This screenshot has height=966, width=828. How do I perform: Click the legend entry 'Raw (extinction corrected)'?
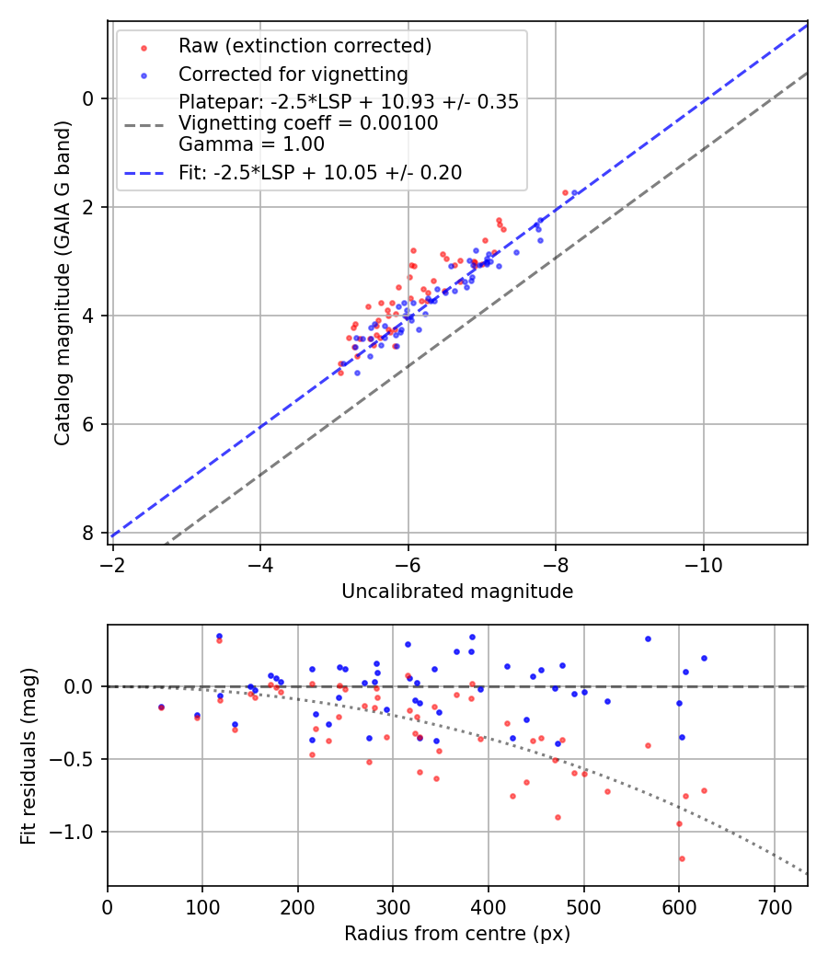305,46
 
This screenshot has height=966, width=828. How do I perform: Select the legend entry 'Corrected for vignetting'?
293,74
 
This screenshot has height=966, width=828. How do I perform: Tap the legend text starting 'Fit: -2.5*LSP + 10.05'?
320,172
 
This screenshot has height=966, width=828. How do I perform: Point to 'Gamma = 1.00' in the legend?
251,144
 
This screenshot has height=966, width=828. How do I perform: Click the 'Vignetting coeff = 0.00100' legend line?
308,123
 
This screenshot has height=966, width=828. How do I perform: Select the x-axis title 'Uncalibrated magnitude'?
457,592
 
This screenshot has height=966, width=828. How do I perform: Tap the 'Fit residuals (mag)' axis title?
29,755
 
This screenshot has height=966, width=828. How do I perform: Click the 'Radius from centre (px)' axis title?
457,934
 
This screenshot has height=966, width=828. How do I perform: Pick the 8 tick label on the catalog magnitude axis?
89,533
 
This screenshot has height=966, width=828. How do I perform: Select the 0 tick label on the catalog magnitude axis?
89,98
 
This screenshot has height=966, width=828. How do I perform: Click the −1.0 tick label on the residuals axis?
76,832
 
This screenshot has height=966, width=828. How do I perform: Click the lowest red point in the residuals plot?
682,858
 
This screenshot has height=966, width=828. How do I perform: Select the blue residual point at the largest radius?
704,658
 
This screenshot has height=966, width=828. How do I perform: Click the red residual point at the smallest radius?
161,707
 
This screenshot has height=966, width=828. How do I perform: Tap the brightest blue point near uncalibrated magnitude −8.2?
574,192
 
